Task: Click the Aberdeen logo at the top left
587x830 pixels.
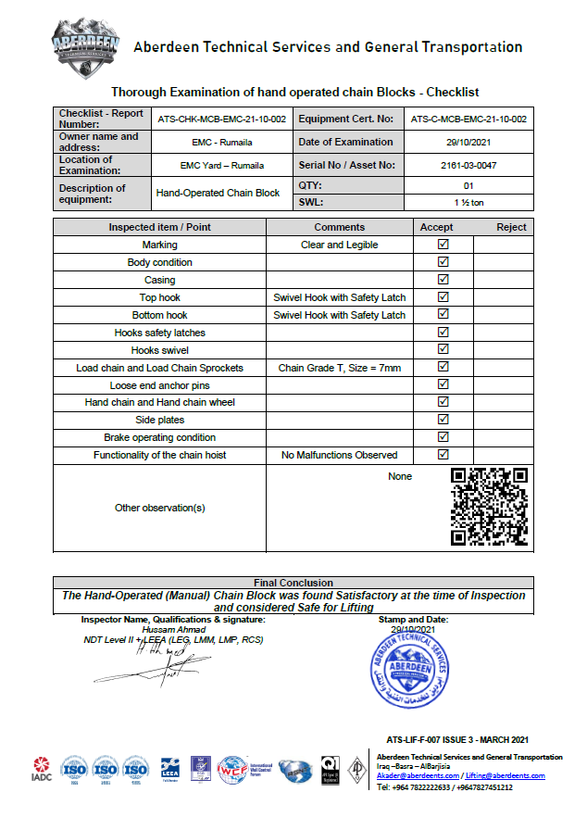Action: point(86,45)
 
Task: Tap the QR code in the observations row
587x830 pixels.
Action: point(489,507)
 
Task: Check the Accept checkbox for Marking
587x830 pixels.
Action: point(443,245)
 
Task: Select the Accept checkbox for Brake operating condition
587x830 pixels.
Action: point(443,437)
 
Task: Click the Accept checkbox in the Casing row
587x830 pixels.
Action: point(443,280)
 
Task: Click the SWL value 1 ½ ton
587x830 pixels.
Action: point(469,202)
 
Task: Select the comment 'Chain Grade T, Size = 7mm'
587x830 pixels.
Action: point(340,368)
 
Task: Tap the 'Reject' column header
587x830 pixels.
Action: point(511,227)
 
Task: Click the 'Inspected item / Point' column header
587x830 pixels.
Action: point(159,227)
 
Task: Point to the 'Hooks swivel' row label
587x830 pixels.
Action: point(159,350)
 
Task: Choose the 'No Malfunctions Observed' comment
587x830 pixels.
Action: point(340,455)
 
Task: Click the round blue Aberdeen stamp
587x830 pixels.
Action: point(408,673)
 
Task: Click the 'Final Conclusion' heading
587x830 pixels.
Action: point(293,583)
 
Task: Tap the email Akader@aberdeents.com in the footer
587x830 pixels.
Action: point(418,775)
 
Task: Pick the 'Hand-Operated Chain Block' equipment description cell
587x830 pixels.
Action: point(218,193)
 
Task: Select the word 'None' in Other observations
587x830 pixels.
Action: point(400,476)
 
